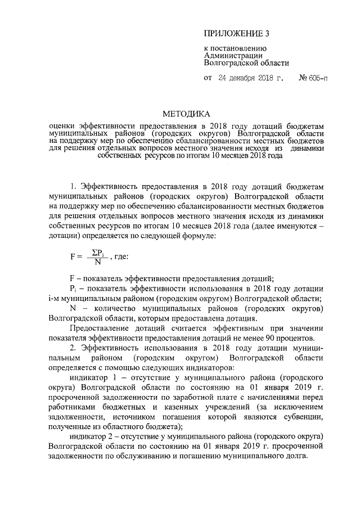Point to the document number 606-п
click(316, 78)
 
